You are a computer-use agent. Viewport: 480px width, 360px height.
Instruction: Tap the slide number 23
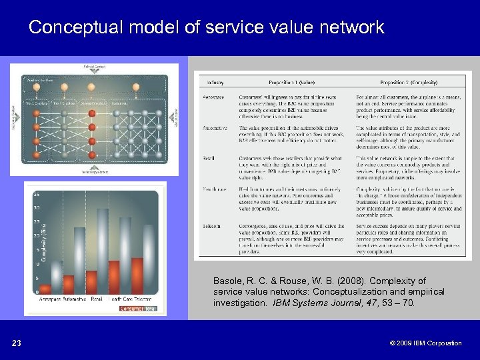tap(17, 343)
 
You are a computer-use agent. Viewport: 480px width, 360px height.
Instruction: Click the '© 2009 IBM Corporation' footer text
tap(427, 343)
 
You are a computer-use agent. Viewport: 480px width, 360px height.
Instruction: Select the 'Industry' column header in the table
tap(215, 83)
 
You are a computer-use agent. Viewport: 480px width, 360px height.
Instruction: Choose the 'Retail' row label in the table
tap(211, 158)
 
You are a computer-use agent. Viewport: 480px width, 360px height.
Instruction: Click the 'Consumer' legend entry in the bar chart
tap(131, 309)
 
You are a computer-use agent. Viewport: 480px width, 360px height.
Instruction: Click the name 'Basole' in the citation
tap(227, 281)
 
